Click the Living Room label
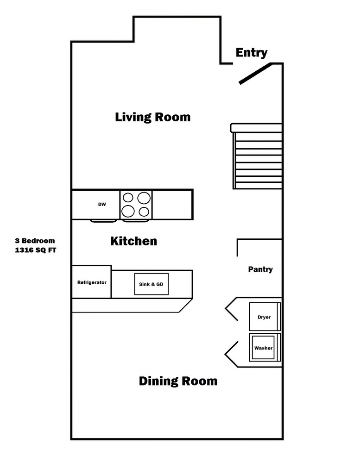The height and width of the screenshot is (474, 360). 153,117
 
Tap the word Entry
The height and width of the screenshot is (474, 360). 252,53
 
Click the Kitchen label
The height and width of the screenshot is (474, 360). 134,241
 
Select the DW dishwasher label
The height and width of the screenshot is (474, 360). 102,204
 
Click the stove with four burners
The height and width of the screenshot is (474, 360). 136,204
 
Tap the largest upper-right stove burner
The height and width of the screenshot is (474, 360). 144,198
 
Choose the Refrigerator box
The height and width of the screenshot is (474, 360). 92,282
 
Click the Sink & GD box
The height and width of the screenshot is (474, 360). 151,284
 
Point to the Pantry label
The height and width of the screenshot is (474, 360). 260,269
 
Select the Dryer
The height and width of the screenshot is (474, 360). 265,317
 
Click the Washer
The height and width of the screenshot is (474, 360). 265,348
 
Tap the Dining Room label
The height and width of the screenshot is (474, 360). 178,381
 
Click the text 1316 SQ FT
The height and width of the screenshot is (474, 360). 36,250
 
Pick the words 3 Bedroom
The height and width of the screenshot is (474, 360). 35,241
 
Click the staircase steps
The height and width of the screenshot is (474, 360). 258,161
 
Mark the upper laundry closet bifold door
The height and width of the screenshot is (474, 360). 231,309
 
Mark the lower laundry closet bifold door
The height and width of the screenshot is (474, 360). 231,354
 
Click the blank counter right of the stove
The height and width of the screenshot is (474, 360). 172,204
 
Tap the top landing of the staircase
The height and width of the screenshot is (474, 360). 256,128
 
